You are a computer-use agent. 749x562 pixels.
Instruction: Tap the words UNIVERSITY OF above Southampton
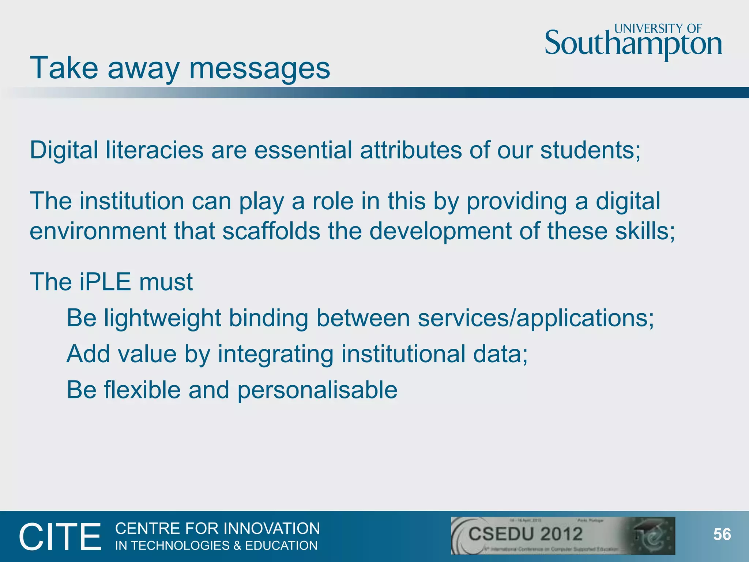tap(658, 29)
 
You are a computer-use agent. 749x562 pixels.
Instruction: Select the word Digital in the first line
tap(64, 150)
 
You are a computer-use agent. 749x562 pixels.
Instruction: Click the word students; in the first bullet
tap(590, 150)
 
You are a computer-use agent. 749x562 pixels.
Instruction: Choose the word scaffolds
tap(271, 231)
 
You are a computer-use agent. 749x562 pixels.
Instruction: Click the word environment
tap(98, 231)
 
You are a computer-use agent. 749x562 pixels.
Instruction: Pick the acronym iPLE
tap(105, 282)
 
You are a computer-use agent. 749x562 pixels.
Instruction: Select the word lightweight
tap(162, 318)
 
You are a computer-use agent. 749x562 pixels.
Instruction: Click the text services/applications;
tap(536, 318)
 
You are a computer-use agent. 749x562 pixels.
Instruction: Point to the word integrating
tap(275, 354)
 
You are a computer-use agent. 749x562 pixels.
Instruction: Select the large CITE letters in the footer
tap(60, 537)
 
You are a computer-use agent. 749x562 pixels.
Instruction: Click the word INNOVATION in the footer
tap(271, 529)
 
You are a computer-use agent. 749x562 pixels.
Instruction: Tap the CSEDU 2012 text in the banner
tap(525, 534)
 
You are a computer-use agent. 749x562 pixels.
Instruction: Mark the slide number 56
tap(722, 535)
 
